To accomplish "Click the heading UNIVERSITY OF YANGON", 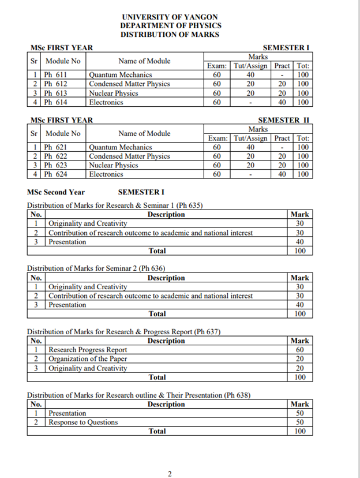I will pos(170,17).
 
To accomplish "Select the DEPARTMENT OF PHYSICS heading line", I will pos(170,26).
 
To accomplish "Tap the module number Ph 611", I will pos(56,74).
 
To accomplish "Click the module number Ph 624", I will pos(56,174).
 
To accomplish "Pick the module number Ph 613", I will pos(56,93).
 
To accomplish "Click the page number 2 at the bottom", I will pos(170,474).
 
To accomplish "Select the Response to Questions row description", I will pos(83,422).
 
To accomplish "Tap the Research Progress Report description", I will pos(88,350).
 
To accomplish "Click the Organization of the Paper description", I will pos(88,359).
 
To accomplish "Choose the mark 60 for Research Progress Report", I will pos(299,350).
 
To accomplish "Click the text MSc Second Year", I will pos(56,192).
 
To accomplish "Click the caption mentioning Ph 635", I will pos(115,205).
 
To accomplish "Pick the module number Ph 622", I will pos(56,156).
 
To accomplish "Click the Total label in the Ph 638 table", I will pos(157,431).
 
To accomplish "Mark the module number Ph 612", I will pos(56,84).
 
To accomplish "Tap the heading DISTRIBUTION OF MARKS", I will pos(170,35).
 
